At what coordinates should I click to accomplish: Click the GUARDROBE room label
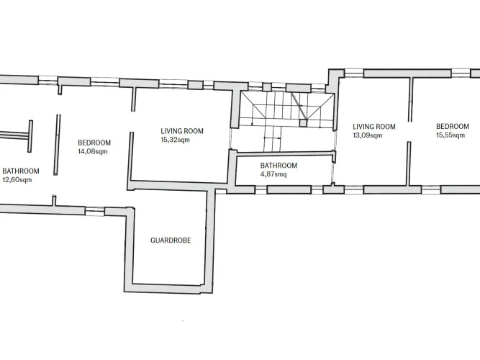171,240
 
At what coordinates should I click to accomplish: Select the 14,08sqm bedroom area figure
93,151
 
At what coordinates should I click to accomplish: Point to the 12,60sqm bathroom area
17,180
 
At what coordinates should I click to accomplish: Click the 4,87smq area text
273,175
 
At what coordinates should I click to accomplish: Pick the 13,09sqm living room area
368,135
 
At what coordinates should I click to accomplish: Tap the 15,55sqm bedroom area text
450,135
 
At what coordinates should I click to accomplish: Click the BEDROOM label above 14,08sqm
94,143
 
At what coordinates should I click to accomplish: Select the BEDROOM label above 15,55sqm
453,126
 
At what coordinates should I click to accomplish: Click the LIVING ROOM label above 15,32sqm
182,131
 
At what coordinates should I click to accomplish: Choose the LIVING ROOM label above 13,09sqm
374,127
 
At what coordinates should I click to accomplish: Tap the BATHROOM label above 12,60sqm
21,171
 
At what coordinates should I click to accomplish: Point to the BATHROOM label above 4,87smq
279,166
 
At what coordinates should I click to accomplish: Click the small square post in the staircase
303,123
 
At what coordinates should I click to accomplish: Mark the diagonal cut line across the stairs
299,106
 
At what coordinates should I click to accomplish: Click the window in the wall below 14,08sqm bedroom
95,212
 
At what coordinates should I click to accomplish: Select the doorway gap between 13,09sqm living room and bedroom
409,132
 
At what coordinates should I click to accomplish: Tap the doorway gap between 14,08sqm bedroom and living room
132,122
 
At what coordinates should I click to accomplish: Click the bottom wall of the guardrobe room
168,288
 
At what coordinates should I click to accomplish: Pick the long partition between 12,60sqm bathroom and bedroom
58,145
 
